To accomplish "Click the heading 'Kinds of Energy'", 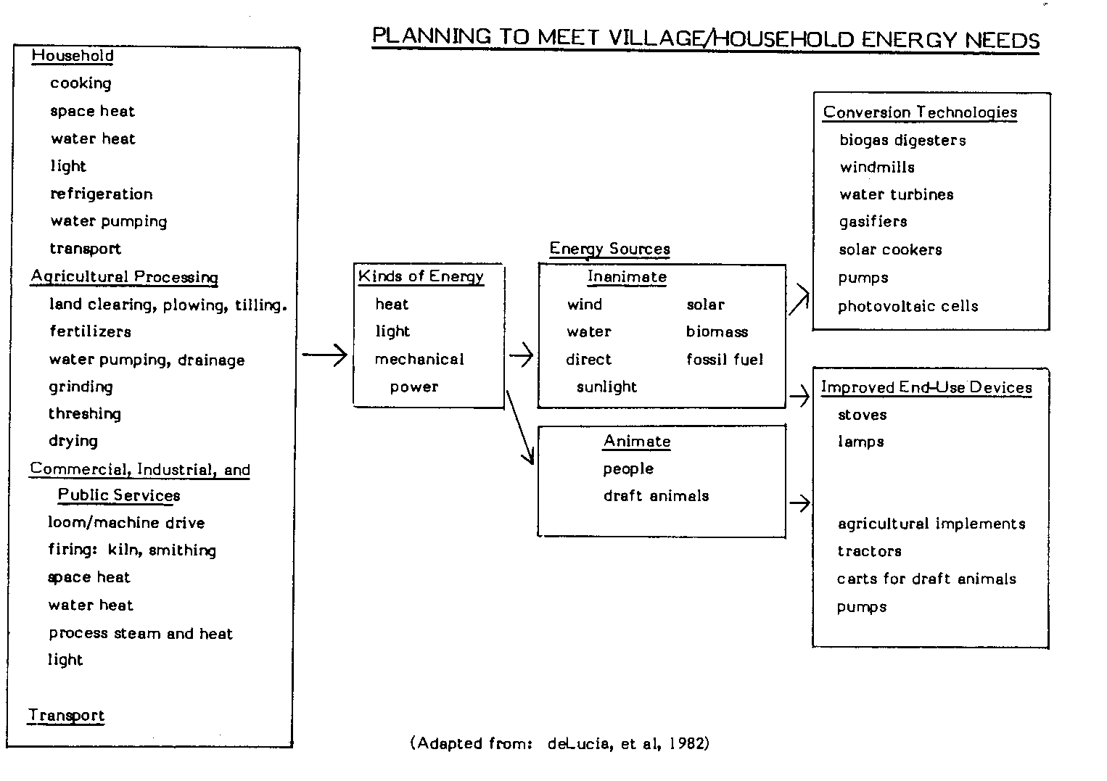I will click(x=420, y=276).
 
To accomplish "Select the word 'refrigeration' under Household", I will click(x=101, y=194).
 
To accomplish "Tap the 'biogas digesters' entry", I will click(x=902, y=140).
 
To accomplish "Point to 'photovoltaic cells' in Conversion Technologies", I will click(x=908, y=306).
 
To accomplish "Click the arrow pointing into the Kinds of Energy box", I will click(x=324, y=355).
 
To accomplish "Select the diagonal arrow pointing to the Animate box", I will click(x=520, y=428).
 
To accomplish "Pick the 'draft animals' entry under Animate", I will click(x=656, y=496).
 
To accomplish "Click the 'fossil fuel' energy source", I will click(x=724, y=359).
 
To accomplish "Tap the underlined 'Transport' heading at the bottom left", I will click(x=66, y=716).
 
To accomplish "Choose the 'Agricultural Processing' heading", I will click(x=124, y=277).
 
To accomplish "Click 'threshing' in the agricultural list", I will click(x=84, y=413).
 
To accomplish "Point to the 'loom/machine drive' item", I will click(x=126, y=523).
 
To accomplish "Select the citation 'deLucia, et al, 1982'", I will click(x=628, y=743).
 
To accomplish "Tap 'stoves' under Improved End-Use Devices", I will click(x=862, y=415).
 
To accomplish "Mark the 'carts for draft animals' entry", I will click(x=926, y=579).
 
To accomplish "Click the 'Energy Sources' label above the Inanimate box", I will click(x=609, y=249).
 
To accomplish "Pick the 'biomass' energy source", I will click(x=717, y=331).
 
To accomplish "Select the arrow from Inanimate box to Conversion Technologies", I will click(x=799, y=299).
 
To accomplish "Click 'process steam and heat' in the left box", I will click(x=140, y=633).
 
